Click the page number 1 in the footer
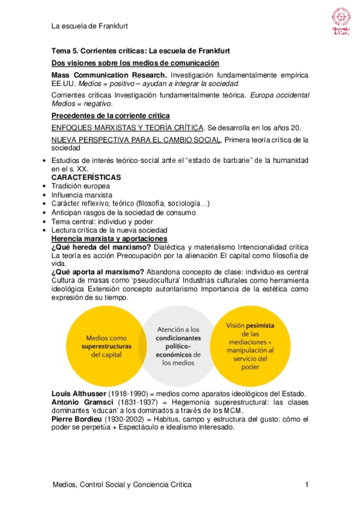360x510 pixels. [x=307, y=484]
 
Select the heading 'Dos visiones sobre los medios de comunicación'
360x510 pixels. [x=135, y=63]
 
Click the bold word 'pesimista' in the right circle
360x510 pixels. [x=260, y=325]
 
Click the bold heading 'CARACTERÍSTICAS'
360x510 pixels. [x=87, y=178]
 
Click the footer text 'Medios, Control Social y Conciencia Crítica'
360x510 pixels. [x=123, y=484]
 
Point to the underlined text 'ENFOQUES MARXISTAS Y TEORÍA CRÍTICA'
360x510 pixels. [x=128, y=128]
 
